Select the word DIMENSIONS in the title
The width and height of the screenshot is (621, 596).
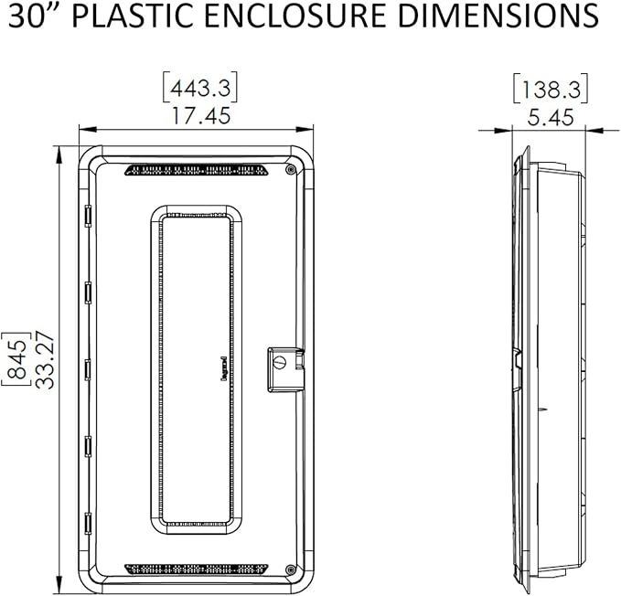point(498,16)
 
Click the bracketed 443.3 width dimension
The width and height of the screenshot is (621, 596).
point(200,87)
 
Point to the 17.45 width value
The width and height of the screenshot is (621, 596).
point(200,116)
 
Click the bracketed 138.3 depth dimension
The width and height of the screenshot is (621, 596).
point(551,89)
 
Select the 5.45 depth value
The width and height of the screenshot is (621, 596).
point(551,118)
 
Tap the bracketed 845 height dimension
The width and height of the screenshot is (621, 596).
point(16,358)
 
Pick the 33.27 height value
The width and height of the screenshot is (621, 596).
point(44,360)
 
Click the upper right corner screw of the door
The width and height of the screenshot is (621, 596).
point(291,170)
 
